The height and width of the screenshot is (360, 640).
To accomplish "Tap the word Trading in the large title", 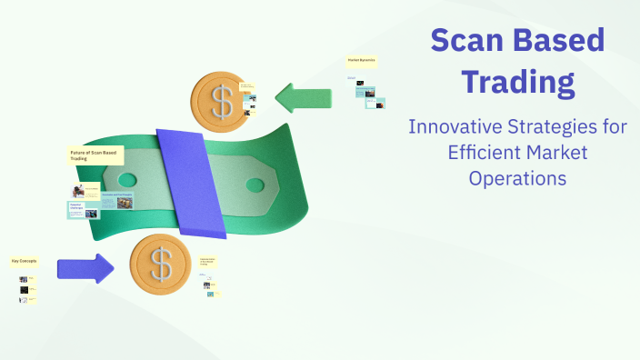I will [517, 82].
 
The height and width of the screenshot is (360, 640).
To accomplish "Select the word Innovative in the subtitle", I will [457, 126].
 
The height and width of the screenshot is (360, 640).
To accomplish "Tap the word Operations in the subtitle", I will [517, 177].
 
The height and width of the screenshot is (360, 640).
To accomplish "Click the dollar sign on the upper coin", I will [221, 101].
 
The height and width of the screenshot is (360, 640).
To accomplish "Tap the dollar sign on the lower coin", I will [161, 265].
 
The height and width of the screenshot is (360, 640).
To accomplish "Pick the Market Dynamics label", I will [362, 60].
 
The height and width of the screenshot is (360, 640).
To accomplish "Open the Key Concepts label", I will [24, 261].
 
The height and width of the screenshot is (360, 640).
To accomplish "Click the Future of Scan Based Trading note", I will [95, 155].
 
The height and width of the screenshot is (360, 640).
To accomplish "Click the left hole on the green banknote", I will [126, 169].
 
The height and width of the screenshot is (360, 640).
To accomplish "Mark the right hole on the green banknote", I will [255, 185].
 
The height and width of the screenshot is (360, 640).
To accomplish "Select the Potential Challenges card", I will [81, 208].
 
